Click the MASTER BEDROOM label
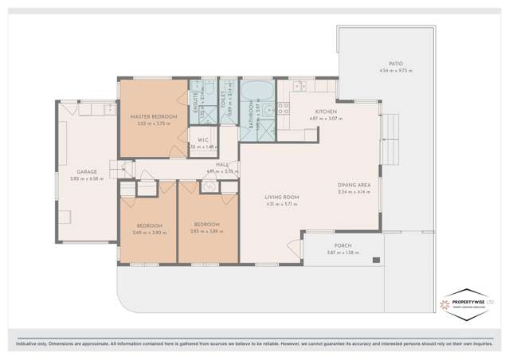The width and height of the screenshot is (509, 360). pyautogui.click(x=153, y=117)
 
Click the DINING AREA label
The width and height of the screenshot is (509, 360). pyautogui.click(x=353, y=185)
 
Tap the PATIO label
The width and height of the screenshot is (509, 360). pyautogui.click(x=395, y=65)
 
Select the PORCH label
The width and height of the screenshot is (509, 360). pyautogui.click(x=343, y=245)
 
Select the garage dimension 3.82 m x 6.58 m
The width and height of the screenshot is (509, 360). pyautogui.click(x=87, y=178)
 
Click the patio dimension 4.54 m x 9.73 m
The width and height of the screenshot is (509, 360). pyautogui.click(x=395, y=72)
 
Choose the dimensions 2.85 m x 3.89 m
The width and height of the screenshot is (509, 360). pyautogui.click(x=206, y=232)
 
